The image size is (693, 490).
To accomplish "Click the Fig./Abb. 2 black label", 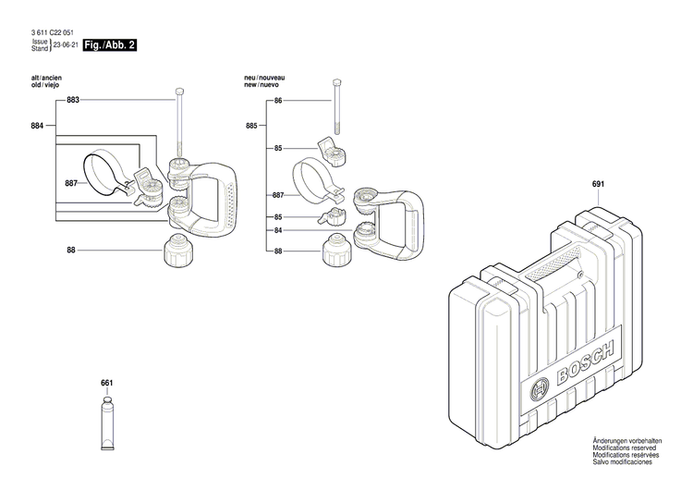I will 110,45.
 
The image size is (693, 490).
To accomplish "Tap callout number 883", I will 73,100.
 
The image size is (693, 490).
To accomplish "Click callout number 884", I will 38,125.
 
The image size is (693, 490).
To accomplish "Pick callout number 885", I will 251,125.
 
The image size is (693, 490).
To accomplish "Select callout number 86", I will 277,100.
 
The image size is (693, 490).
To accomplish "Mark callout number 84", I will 277,230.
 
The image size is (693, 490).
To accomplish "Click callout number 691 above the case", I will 598,185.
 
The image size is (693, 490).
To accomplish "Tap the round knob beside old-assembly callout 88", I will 176,251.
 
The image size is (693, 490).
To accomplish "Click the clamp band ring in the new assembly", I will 314,179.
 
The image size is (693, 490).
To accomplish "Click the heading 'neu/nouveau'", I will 264,77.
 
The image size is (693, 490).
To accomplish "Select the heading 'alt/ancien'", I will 48,77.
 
